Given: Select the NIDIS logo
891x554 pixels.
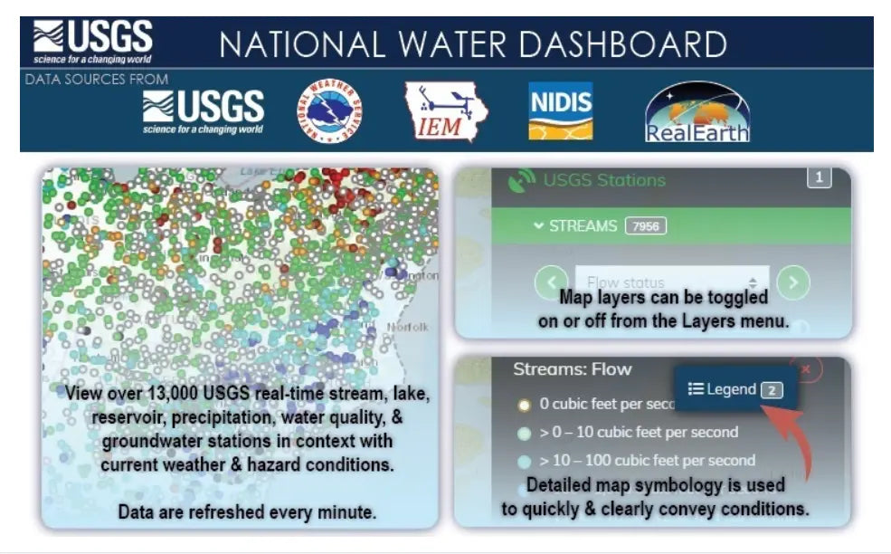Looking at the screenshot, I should (561, 111).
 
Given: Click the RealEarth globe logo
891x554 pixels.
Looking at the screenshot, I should (697, 112).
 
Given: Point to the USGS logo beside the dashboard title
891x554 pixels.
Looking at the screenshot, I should (92, 42).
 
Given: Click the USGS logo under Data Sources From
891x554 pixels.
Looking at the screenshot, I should (204, 111).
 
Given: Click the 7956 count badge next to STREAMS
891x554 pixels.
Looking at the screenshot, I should (645, 225).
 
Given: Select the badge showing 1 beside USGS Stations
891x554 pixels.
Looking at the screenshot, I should (819, 178).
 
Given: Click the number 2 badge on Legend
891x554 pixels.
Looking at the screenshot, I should (772, 390).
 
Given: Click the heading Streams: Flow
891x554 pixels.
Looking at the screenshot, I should (572, 369).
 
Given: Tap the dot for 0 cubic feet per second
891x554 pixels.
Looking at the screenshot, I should (524, 405).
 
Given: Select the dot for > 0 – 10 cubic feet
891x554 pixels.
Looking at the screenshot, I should (524, 433).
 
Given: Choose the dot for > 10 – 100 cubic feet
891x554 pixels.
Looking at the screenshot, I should (524, 461).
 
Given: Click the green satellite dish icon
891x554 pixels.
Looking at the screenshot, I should (522, 181).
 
